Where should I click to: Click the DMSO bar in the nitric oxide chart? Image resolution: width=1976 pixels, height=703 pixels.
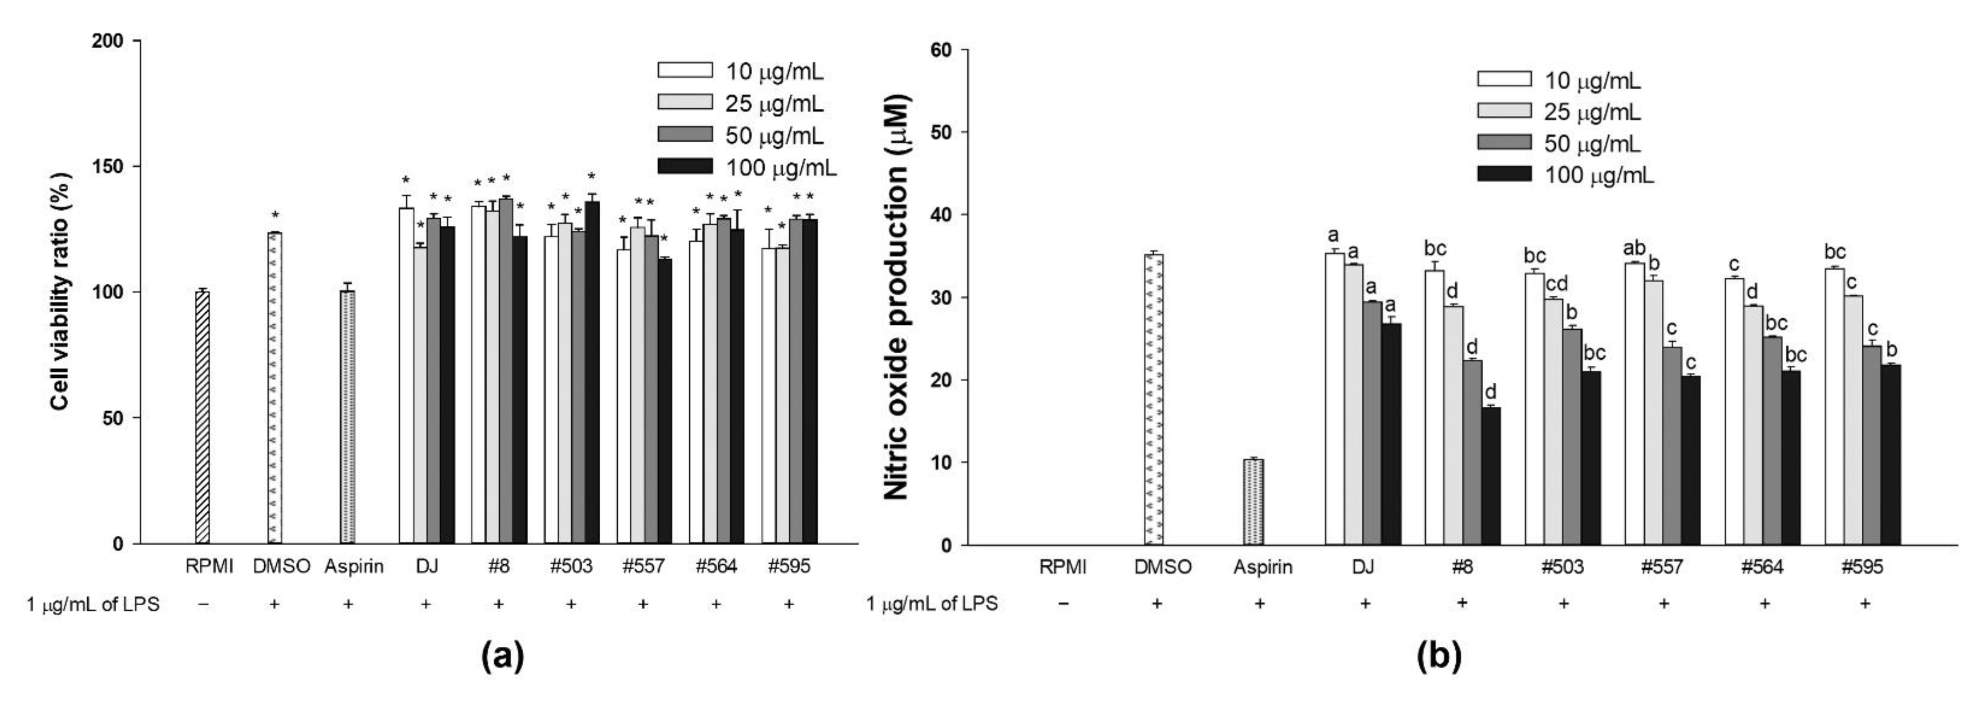(x=1154, y=399)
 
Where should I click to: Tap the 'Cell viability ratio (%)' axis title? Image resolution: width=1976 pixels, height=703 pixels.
(x=62, y=292)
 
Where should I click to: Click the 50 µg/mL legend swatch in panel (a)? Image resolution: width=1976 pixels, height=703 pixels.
(x=685, y=134)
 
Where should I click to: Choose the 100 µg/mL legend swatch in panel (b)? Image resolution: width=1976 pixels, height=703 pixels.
(x=1504, y=174)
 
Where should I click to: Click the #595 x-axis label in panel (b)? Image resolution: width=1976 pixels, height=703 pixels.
(x=1862, y=567)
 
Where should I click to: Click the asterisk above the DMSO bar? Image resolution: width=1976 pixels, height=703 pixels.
(x=275, y=215)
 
